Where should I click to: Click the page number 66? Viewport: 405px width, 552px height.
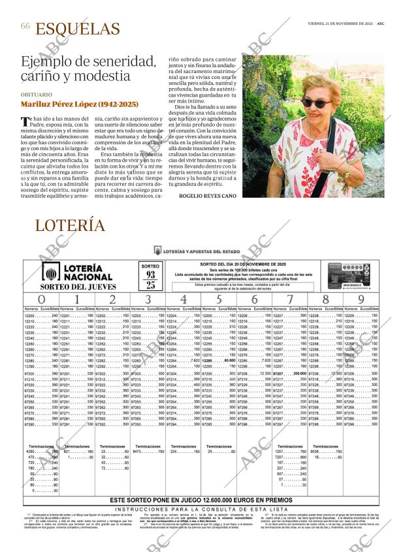pyautogui.click(x=25, y=26)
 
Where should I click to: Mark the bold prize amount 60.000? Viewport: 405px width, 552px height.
pyautogui.click(x=229, y=360)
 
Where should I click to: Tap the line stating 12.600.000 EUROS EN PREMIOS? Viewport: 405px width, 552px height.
pyautogui.click(x=202, y=500)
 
